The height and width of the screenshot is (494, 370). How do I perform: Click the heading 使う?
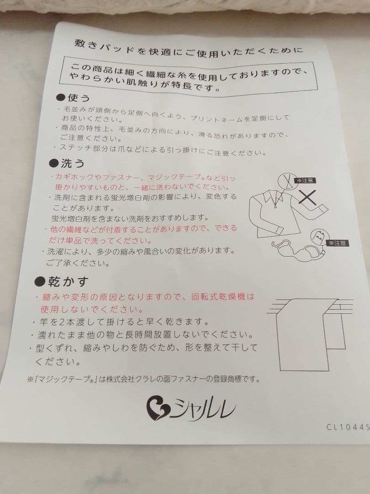click(x=79, y=98)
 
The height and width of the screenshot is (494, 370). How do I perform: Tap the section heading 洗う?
click(x=73, y=163)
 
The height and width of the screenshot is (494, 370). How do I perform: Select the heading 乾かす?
click(x=68, y=282)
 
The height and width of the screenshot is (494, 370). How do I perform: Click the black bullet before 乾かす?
click(x=40, y=281)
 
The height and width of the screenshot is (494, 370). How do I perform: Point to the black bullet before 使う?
click(x=61, y=97)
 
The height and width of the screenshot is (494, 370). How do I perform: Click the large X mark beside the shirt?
click(x=307, y=198)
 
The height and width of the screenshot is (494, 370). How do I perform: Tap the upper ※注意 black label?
click(x=305, y=181)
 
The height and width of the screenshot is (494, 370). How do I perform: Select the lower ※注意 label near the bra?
click(x=338, y=243)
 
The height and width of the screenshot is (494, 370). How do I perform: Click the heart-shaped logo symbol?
click(x=158, y=408)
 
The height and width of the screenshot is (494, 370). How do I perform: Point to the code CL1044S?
click(x=348, y=427)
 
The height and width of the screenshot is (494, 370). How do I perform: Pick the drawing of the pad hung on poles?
click(x=310, y=334)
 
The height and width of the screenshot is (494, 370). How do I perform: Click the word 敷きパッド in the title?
click(x=105, y=47)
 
